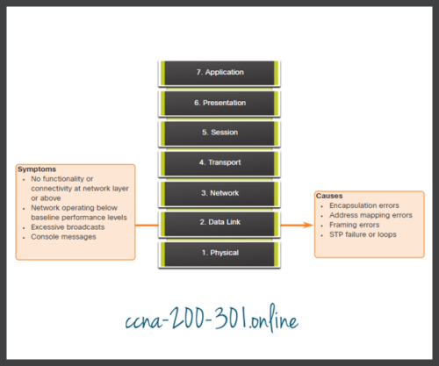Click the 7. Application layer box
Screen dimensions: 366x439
pyautogui.click(x=220, y=72)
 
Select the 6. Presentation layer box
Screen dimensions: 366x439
pyautogui.click(x=220, y=103)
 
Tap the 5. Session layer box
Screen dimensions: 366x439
pyautogui.click(x=220, y=133)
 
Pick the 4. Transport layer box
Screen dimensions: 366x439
pyautogui.click(x=220, y=163)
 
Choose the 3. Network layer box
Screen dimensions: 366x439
pyautogui.click(x=220, y=193)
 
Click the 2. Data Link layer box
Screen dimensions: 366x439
pyautogui.click(x=220, y=224)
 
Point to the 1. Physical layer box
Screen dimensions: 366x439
pyautogui.click(x=220, y=254)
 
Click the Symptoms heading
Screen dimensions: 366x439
pyautogui.click(x=38, y=169)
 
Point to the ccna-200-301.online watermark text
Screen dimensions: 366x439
pyautogui.click(x=219, y=316)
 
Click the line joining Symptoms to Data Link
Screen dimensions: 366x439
pyautogui.click(x=148, y=224)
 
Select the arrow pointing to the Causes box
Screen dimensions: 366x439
pyautogui.click(x=299, y=224)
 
